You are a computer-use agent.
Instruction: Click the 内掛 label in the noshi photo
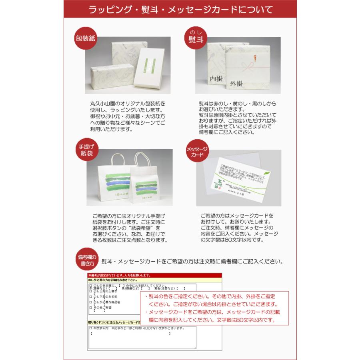tap(216, 79)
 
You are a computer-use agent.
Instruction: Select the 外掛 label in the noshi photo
tap(236, 84)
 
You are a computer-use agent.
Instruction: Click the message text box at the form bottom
tap(142, 338)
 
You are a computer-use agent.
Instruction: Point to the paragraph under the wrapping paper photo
tap(128, 116)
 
